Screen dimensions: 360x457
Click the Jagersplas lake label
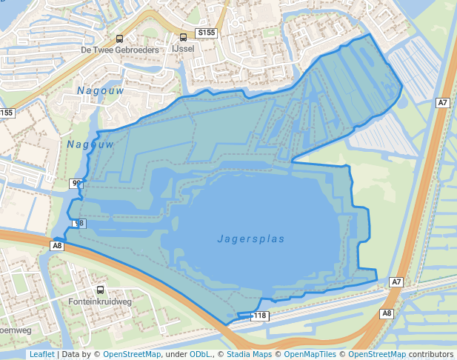click(251, 239)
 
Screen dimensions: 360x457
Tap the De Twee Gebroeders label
click(120, 50)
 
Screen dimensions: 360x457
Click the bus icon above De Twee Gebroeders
click(119, 39)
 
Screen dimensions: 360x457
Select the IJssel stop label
click(182, 48)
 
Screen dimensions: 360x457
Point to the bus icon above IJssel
click(183, 37)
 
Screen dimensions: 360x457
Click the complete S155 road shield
click(206, 33)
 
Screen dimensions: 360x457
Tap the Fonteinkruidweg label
click(100, 302)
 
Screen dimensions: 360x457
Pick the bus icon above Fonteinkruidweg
click(100, 290)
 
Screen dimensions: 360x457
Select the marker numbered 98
click(79, 223)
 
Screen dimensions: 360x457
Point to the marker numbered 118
click(259, 316)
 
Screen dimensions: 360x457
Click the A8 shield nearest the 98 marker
click(58, 245)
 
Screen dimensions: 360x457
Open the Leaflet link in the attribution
click(41, 355)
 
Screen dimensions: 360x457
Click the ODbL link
click(200, 355)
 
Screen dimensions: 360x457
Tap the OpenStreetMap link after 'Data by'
click(131, 355)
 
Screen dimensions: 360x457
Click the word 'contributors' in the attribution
click(431, 355)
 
